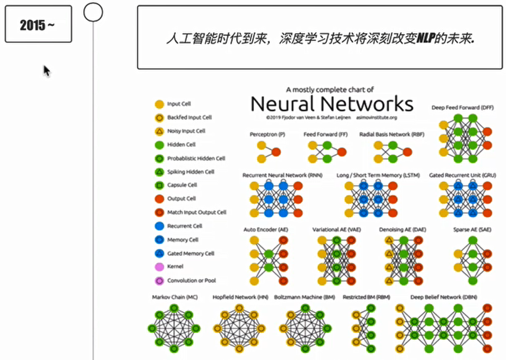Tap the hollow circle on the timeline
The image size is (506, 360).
(x=93, y=12)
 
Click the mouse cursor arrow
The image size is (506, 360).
(x=47, y=70)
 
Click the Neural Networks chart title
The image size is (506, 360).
(x=332, y=104)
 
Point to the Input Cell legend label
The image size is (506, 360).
(x=179, y=104)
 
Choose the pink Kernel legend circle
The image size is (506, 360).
(x=159, y=267)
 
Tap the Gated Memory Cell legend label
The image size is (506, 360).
(x=191, y=253)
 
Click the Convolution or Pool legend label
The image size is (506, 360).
(x=191, y=281)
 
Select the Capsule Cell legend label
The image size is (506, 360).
(x=182, y=185)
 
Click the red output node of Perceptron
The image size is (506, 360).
(x=276, y=152)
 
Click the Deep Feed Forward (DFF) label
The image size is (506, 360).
(x=462, y=108)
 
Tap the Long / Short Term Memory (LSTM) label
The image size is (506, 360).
(x=378, y=175)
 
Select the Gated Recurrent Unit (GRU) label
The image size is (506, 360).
(x=462, y=175)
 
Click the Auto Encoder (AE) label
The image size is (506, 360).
(x=266, y=230)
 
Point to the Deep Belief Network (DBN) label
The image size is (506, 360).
(x=443, y=297)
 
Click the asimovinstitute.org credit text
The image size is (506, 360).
(x=376, y=117)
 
